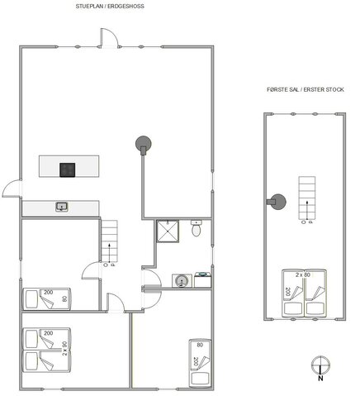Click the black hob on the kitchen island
click(68, 169)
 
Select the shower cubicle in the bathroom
click(168, 232)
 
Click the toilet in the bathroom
click(195, 231)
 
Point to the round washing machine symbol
click(179, 281)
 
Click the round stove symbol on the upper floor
click(275, 201)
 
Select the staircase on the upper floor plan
click(306, 198)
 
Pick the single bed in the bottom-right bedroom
click(200, 361)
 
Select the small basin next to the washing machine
click(202, 279)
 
